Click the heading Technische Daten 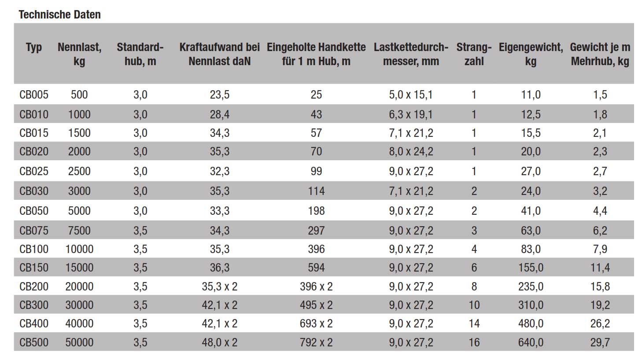[60, 15]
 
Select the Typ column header [34, 47]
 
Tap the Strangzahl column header [474, 54]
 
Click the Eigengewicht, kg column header [531, 54]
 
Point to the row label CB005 [34, 95]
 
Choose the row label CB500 [34, 342]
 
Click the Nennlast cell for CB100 [79, 249]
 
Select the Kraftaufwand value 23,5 [219, 95]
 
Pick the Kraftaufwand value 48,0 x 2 [219, 342]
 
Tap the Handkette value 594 [316, 268]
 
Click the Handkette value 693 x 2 [316, 324]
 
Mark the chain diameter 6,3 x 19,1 [411, 114]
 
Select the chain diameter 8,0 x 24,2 [411, 152]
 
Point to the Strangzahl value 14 [474, 324]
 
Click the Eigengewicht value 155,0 [531, 268]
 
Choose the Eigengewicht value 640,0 [531, 342]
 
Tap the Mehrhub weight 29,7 [600, 342]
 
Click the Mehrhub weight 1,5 [600, 95]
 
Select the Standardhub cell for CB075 [140, 231]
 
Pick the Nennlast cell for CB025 [79, 171]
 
